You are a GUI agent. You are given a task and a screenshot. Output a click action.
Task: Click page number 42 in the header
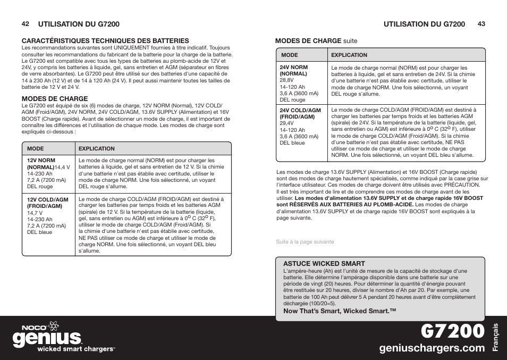[x=25, y=24]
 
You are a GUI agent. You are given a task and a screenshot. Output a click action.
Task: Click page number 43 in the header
[x=481, y=24]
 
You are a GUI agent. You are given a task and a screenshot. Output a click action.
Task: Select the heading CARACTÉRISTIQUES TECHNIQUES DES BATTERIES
[x=105, y=40]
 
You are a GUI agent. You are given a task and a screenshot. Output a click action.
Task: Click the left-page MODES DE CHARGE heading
[x=54, y=98]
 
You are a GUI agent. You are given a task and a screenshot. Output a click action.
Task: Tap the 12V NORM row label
[x=41, y=160]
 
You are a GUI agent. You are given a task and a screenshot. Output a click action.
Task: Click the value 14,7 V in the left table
[x=36, y=213]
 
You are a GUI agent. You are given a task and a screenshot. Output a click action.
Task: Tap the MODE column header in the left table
[x=35, y=149]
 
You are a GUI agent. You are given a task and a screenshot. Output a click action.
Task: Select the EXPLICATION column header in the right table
[x=349, y=55]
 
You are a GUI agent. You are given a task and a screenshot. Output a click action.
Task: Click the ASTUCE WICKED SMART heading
[x=324, y=263]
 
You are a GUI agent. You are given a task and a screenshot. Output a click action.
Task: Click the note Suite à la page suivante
[x=305, y=241]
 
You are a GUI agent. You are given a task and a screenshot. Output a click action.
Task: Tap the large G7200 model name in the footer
[x=453, y=331]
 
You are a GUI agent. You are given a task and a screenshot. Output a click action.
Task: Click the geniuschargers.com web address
[x=432, y=348]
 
